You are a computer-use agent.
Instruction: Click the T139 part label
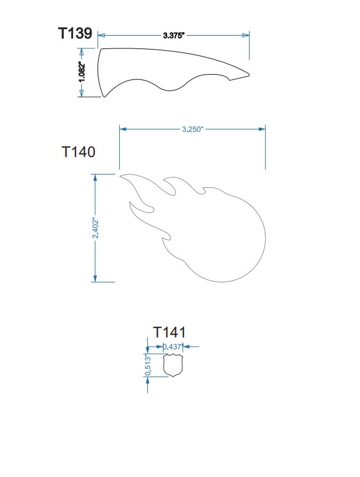[75, 33]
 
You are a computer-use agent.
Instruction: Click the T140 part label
[78, 151]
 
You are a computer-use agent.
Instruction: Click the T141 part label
[169, 332]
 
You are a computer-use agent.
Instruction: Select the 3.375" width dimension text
[174, 35]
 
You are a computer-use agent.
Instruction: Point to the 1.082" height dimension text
[82, 72]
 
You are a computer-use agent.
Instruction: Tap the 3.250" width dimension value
[192, 129]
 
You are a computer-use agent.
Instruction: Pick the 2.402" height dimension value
[96, 228]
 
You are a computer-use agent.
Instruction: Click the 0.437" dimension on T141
[172, 346]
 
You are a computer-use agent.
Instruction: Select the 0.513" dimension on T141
[148, 365]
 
